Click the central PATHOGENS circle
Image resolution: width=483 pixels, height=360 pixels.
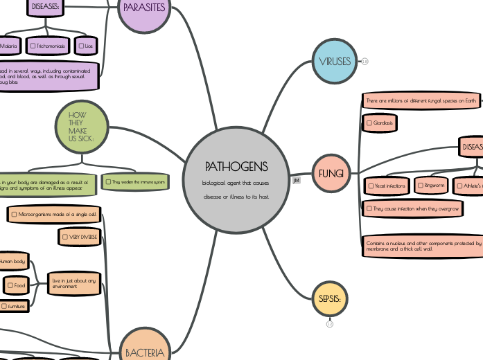[235, 179]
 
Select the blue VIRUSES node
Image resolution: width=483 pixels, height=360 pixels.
[335, 62]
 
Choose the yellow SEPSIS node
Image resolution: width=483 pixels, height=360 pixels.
[329, 299]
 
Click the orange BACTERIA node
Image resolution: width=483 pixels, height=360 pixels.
[145, 348]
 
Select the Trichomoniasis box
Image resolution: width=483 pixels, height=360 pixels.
[48, 46]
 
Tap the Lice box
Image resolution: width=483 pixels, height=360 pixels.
[86, 46]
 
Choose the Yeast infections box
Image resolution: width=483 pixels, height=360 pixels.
[387, 186]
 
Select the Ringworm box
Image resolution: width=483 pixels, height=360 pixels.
[431, 186]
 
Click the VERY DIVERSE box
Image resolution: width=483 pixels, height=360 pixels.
[79, 237]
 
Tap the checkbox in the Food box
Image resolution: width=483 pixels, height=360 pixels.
[11, 285]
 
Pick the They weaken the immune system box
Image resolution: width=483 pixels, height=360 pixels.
[135, 182]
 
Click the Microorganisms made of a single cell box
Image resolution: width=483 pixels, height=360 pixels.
[54, 215]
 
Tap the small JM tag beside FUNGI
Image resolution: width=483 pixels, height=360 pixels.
[297, 180]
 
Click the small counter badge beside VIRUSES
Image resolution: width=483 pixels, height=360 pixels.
[365, 62]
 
